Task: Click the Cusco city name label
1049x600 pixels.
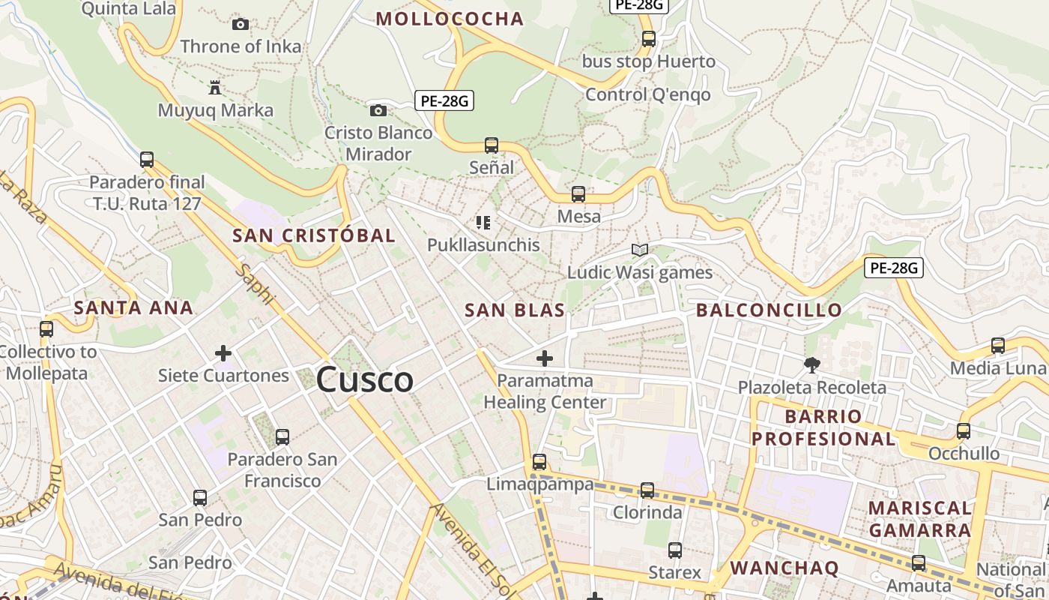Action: click(x=364, y=379)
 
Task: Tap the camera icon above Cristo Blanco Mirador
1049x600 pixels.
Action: click(x=378, y=111)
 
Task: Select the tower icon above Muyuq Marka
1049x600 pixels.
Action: click(x=215, y=88)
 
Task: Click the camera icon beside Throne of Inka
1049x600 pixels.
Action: click(x=241, y=25)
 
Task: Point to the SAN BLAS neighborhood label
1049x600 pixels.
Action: click(x=515, y=310)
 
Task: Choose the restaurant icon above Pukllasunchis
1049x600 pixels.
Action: click(x=483, y=223)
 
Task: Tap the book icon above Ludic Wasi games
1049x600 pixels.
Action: click(x=639, y=250)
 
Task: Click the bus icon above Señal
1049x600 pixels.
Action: click(x=492, y=145)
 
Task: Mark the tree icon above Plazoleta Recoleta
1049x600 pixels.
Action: click(x=811, y=365)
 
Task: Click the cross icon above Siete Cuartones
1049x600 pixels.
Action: click(x=223, y=353)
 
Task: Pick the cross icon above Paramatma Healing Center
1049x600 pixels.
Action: click(x=545, y=358)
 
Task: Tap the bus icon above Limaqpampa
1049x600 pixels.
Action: click(x=539, y=462)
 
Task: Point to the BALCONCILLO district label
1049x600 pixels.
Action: click(x=769, y=310)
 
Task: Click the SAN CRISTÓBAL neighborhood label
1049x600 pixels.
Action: click(x=314, y=235)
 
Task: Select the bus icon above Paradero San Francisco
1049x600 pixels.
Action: click(x=282, y=437)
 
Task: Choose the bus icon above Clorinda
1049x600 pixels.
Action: click(x=647, y=491)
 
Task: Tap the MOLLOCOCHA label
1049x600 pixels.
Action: click(x=450, y=19)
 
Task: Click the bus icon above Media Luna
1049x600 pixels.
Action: click(x=998, y=346)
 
